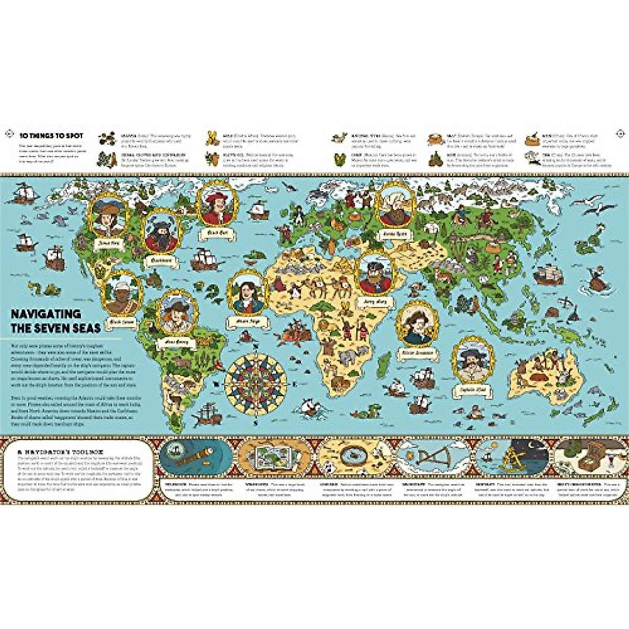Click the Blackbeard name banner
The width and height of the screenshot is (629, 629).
pos(160,259)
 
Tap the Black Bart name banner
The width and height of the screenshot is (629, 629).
pos(216,231)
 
